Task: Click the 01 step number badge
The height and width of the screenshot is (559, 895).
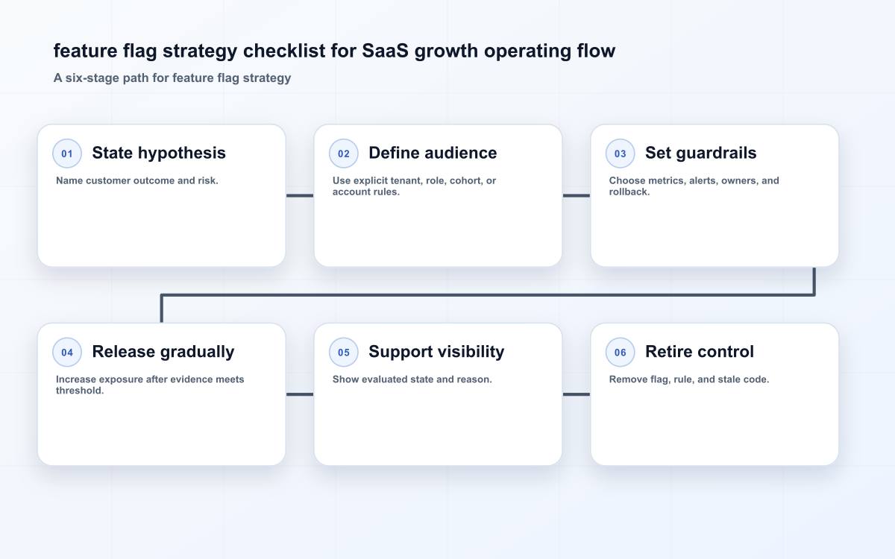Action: click(x=67, y=154)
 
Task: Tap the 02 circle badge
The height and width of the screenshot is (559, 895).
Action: click(x=344, y=154)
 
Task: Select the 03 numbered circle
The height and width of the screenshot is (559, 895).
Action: click(x=620, y=154)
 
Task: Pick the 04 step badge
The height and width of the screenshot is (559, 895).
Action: click(x=67, y=352)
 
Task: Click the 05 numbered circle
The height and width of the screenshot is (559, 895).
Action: click(x=344, y=352)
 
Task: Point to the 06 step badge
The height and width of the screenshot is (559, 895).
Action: click(x=620, y=352)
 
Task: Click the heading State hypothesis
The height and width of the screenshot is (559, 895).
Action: click(x=159, y=154)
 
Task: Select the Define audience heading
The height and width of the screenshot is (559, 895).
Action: click(x=433, y=153)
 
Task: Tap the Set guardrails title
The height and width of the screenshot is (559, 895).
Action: click(x=701, y=154)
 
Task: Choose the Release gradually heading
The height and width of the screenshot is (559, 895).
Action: click(x=163, y=352)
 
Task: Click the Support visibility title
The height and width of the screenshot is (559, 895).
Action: click(x=436, y=352)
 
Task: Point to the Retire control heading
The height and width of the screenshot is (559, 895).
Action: click(x=700, y=352)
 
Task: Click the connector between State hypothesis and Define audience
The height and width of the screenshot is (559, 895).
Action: click(x=300, y=195)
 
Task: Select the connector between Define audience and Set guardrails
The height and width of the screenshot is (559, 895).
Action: click(x=576, y=195)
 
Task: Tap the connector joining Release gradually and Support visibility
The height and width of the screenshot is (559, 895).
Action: click(x=300, y=394)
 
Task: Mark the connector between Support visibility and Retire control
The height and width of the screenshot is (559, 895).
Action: click(x=576, y=394)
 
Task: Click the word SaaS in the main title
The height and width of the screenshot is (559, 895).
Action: click(x=385, y=51)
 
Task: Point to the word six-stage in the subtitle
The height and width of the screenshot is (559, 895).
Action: click(x=92, y=78)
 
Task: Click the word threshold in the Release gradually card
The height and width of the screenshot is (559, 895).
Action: click(x=79, y=391)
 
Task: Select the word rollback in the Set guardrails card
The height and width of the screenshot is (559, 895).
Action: click(x=628, y=192)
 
